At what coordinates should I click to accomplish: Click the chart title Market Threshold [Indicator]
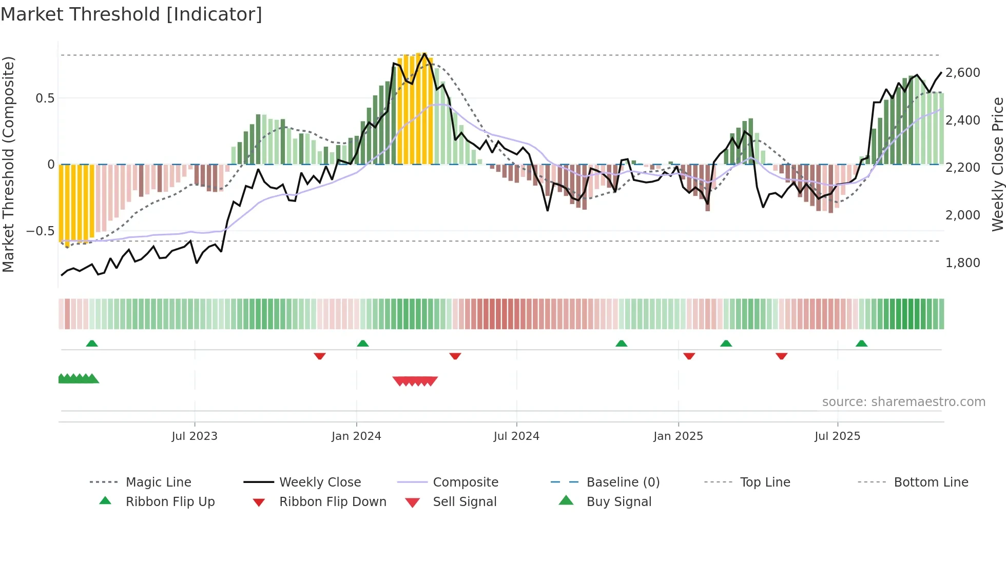131,14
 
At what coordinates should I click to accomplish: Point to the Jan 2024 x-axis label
356,436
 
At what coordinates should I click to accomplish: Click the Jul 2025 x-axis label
837,436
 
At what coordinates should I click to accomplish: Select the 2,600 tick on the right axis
962,73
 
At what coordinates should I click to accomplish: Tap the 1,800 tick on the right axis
962,263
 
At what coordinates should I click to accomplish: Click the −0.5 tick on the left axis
41,231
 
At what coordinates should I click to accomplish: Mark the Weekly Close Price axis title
997,164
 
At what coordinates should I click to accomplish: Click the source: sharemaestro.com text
903,401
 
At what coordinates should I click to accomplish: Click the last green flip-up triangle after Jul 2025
861,344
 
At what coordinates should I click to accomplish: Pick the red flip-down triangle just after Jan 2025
689,356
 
